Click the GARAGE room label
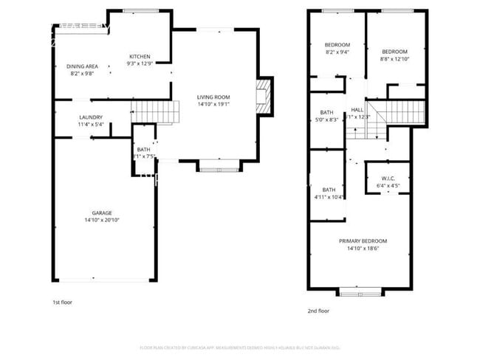pos(102,212)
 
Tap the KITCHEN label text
pos(140,57)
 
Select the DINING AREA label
pos(83,66)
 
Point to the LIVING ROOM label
pos(213,97)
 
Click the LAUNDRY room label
pos(91,117)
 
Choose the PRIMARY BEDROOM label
pos(363,241)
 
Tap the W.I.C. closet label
pos(388,179)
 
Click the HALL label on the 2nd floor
pos(357,109)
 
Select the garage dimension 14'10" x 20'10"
pos(102,220)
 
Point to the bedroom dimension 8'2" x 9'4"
pos(337,52)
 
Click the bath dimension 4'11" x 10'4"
pos(328,197)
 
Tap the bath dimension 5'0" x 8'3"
pos(326,120)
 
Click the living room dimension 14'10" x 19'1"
pos(213,104)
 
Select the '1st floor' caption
pos(62,302)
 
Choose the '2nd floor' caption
pos(318,311)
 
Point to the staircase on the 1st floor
pos(156,114)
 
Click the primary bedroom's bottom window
pos(360,291)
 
